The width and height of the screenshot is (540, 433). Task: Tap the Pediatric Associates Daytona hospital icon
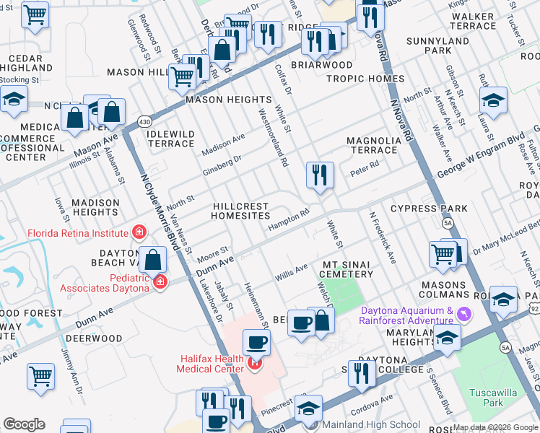click(160, 281)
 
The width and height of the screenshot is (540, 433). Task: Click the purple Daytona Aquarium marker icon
click(463, 314)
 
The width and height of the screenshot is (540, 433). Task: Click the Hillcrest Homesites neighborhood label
click(240, 211)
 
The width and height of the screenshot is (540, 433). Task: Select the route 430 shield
click(145, 121)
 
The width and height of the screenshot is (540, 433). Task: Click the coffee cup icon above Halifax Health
click(256, 342)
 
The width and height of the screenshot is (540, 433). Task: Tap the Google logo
click(24, 424)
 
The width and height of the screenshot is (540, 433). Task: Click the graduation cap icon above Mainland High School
click(309, 408)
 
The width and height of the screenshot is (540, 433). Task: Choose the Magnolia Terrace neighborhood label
click(373, 145)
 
